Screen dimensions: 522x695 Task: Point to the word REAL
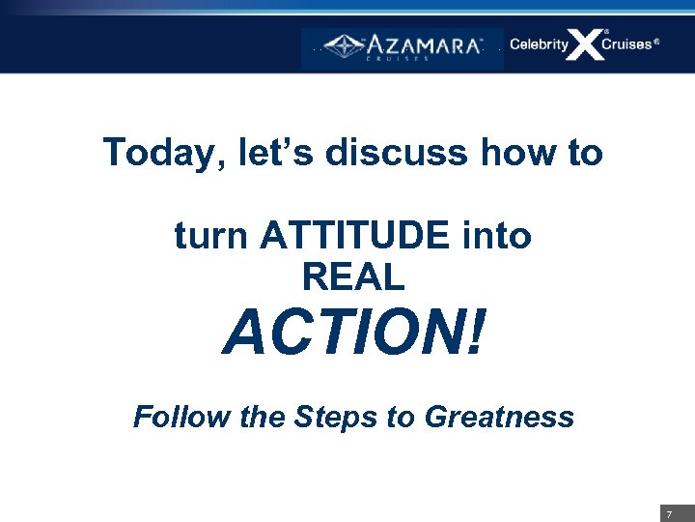[352, 278]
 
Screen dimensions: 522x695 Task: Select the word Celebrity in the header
[539, 44]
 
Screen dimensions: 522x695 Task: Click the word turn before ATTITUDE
[212, 236]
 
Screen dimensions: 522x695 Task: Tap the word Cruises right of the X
[626, 44]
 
